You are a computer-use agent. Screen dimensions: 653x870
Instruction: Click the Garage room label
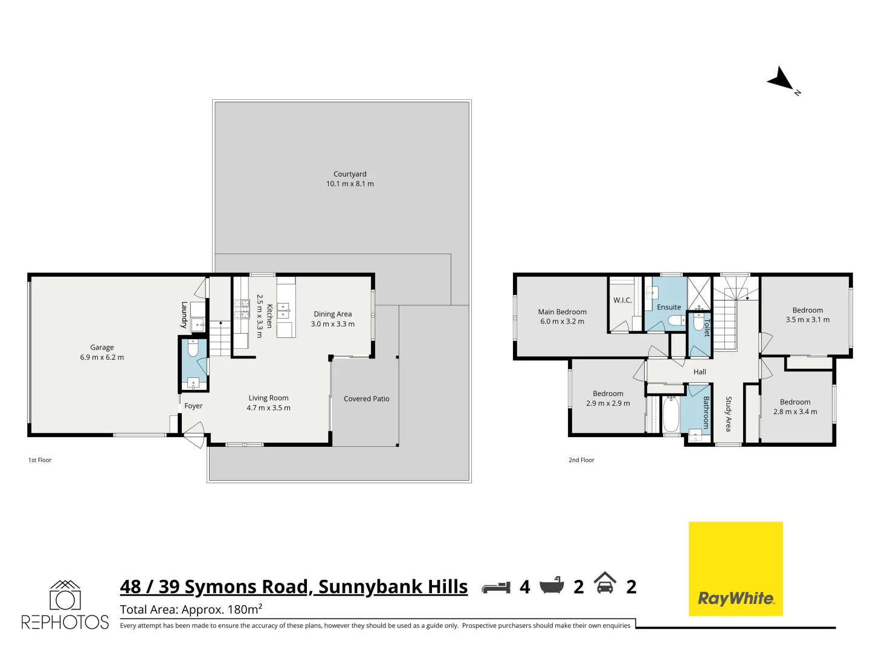101,347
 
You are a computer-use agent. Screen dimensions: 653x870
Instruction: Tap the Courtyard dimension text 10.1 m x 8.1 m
350,184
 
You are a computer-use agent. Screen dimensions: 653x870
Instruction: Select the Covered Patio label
366,398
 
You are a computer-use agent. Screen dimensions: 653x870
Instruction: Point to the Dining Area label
332,314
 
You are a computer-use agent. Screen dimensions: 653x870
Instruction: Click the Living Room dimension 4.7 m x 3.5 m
268,408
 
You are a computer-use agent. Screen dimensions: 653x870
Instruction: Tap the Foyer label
193,406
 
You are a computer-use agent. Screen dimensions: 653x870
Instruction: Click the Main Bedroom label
562,312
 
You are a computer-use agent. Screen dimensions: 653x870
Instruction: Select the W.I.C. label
622,301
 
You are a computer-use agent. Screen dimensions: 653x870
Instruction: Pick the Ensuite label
669,307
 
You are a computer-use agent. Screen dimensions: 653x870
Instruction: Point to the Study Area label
729,414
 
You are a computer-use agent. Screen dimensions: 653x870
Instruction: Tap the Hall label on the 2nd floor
700,372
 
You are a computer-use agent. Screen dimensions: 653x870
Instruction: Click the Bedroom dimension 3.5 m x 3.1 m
807,320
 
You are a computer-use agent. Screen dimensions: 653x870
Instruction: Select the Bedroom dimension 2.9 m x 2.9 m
608,403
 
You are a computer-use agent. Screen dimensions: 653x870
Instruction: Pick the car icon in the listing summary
605,584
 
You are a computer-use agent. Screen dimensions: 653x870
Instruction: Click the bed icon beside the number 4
496,587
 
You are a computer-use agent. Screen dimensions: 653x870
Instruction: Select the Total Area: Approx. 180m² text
191,609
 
